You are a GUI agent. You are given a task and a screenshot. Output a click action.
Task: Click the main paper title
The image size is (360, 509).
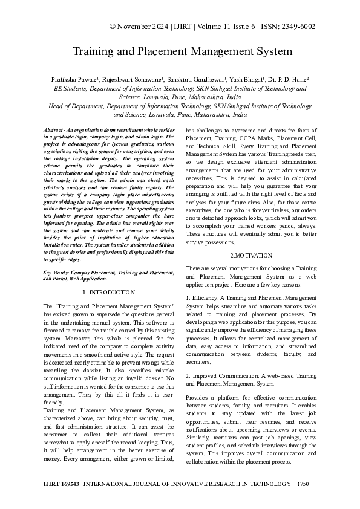point(183,52)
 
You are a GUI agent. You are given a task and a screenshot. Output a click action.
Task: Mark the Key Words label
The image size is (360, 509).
point(57,273)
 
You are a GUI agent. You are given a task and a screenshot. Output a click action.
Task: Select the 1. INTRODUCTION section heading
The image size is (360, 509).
point(108,292)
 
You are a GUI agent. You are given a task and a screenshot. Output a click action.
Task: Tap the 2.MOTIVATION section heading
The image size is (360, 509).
point(251,257)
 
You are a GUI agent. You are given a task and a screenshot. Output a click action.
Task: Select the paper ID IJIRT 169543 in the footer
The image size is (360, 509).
point(62,484)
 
